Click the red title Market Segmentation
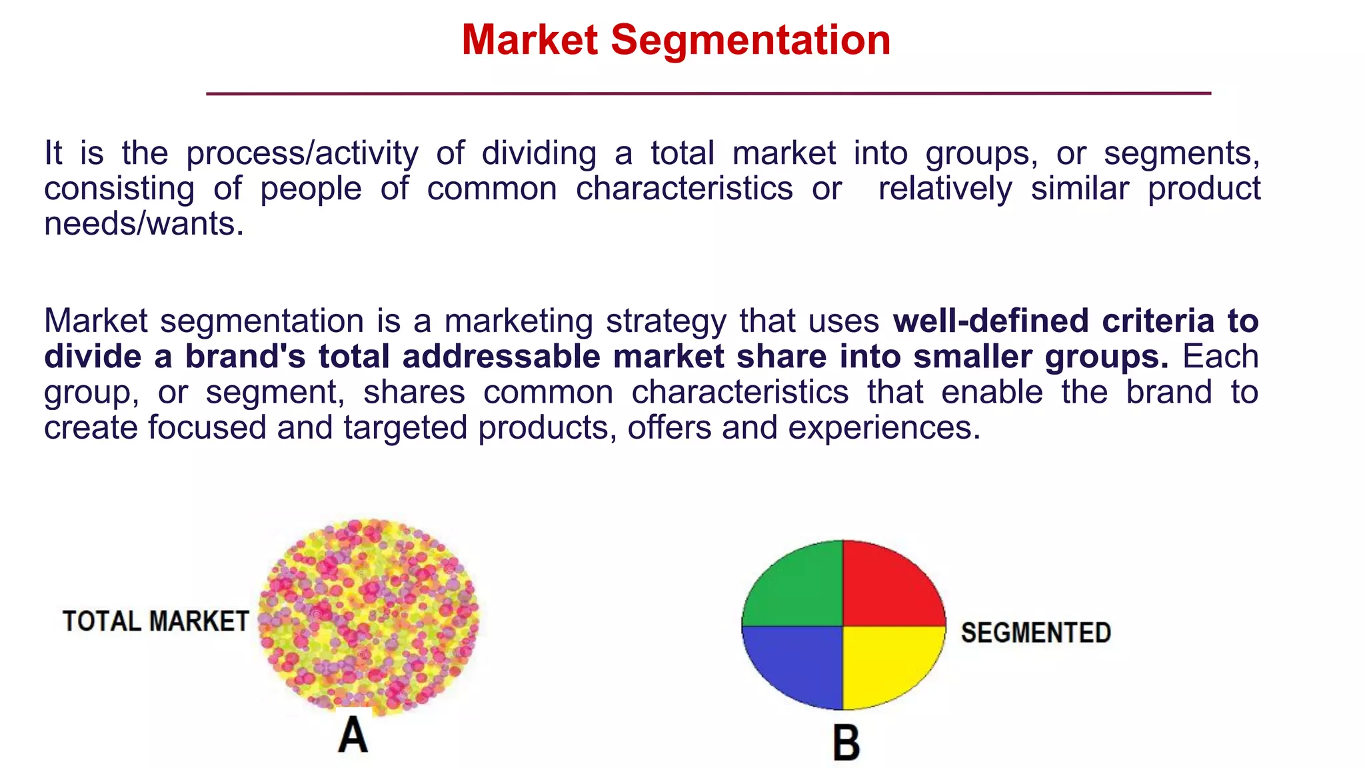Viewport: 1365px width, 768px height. (676, 40)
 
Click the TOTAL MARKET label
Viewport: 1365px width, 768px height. (155, 621)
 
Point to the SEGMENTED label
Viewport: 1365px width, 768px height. (1036, 633)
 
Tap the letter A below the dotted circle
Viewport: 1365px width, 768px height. (353, 735)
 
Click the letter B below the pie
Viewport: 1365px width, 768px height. (846, 743)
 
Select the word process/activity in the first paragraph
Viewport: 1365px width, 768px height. (302, 154)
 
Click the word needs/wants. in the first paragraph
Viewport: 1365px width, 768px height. (144, 224)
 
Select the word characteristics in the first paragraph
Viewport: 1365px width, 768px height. (684, 189)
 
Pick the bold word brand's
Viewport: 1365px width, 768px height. (245, 357)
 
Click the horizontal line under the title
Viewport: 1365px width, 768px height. (708, 94)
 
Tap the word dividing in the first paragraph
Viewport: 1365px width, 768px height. (539, 154)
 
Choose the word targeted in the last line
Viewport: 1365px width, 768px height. (405, 427)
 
